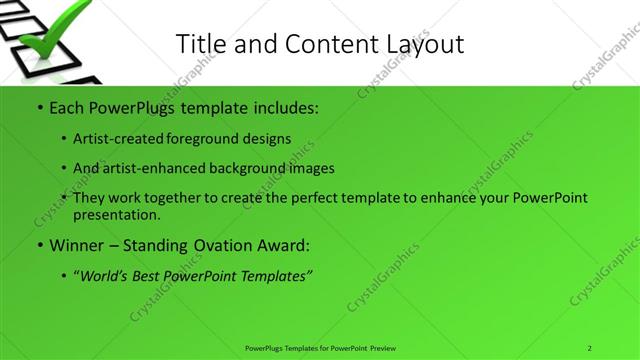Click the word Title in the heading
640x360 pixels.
200,43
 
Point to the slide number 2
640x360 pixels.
589,347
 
